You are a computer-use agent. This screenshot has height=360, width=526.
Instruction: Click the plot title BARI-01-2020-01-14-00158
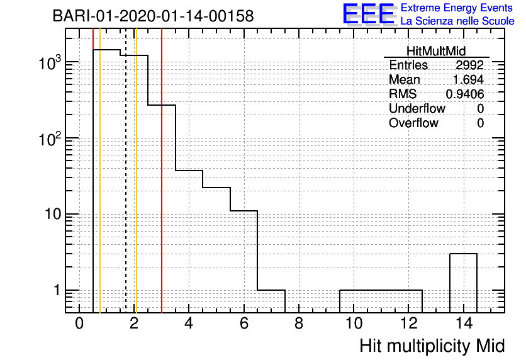tap(154, 16)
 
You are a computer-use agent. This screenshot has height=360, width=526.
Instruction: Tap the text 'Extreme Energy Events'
tap(457, 8)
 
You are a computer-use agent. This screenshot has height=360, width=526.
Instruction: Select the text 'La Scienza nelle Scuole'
tap(457, 21)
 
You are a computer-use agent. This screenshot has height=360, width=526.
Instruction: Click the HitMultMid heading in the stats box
tap(436, 51)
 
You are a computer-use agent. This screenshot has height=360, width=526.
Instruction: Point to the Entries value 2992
tap(469, 65)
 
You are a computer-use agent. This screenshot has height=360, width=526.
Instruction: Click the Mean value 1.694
tap(468, 79)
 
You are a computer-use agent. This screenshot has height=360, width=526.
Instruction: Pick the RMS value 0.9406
tap(465, 94)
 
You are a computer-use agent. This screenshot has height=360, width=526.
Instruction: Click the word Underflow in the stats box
tap(417, 108)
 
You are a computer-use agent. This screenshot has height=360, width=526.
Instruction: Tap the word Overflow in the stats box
tap(413, 123)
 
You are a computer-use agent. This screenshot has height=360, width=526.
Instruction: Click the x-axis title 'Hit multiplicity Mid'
tap(432, 346)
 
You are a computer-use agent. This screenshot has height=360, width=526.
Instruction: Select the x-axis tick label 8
tap(299, 323)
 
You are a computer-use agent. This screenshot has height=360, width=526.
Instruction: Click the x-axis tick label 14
tap(464, 323)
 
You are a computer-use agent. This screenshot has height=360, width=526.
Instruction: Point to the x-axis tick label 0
tap(79, 323)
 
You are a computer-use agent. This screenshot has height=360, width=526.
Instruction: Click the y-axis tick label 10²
tap(50, 138)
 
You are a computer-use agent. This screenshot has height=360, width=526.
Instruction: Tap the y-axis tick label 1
tap(57, 290)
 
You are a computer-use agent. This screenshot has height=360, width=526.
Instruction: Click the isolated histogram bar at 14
tap(463, 254)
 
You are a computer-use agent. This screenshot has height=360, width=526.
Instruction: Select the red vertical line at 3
tap(162, 171)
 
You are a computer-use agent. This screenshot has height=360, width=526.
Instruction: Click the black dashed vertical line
tap(126, 171)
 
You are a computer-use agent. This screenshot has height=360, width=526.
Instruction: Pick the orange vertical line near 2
tap(136, 171)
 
